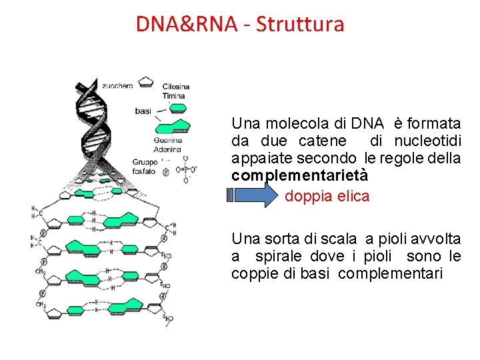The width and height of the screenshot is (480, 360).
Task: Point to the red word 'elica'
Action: click(x=353, y=197)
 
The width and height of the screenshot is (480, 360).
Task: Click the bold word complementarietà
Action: click(x=299, y=176)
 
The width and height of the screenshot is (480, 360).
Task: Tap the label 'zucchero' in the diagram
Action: click(x=117, y=85)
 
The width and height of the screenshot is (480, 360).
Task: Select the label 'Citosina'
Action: click(x=176, y=87)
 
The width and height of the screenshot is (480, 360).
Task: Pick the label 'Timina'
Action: click(x=173, y=96)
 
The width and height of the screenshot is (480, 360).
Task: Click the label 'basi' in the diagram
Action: click(x=143, y=111)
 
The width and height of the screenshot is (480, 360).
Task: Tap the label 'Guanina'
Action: click(x=167, y=140)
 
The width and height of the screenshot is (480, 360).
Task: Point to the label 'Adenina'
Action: click(x=167, y=149)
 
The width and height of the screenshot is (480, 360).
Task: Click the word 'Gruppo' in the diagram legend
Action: click(x=145, y=162)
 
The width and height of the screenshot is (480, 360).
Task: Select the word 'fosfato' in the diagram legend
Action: click(x=144, y=171)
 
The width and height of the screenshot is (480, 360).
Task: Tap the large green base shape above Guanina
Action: click(x=171, y=125)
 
